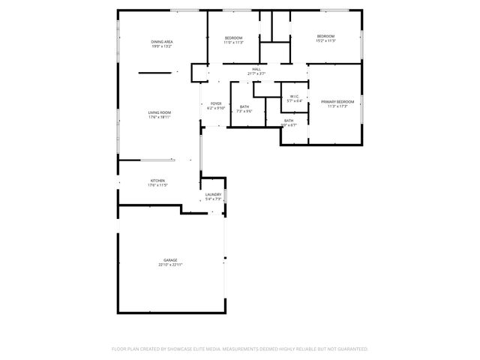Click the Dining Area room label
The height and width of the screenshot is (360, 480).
pos(162,42)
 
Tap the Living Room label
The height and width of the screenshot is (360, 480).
pos(160,112)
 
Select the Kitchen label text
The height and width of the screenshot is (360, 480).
pos(157,180)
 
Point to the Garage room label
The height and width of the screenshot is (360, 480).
pos(171,260)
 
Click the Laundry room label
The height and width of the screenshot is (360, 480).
pos(213,195)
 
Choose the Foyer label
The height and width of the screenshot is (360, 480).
pos(216,103)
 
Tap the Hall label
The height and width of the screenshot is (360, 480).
pos(256,69)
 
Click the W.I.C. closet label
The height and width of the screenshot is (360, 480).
pos(294,96)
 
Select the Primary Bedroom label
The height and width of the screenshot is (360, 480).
pos(337,101)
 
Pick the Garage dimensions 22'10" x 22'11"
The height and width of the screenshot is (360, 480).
pos(171,265)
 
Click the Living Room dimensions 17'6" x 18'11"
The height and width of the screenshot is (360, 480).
pos(160,117)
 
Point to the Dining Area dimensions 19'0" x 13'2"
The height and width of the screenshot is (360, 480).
pos(162,46)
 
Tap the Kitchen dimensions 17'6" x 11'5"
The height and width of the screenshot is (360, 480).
pos(157,184)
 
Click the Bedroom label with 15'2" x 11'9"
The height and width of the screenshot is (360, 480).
pos(325,37)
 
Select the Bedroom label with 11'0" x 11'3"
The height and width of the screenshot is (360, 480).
pos(233,37)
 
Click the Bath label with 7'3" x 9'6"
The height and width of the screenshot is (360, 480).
pos(244,106)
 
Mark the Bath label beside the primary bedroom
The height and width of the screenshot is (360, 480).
pos(289,120)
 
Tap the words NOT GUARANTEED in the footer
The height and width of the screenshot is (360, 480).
pos(347,349)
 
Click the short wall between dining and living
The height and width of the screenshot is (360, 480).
pos(155,73)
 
